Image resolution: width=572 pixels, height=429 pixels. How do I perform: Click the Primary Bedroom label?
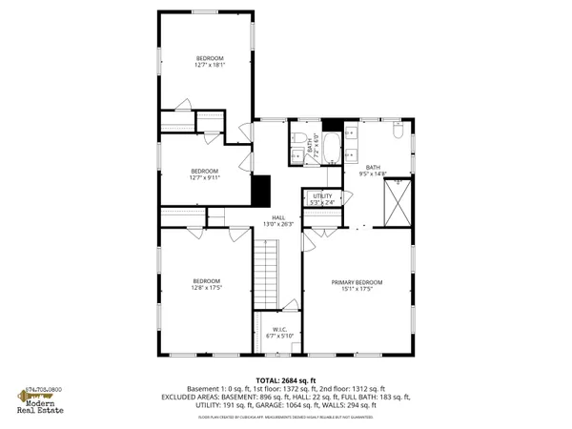357,285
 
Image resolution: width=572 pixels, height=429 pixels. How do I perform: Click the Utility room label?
322,198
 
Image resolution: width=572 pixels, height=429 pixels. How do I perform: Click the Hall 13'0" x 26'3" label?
278,220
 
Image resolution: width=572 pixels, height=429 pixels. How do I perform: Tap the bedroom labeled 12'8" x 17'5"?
207,283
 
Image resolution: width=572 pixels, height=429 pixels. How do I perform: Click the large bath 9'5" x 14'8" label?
372,171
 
